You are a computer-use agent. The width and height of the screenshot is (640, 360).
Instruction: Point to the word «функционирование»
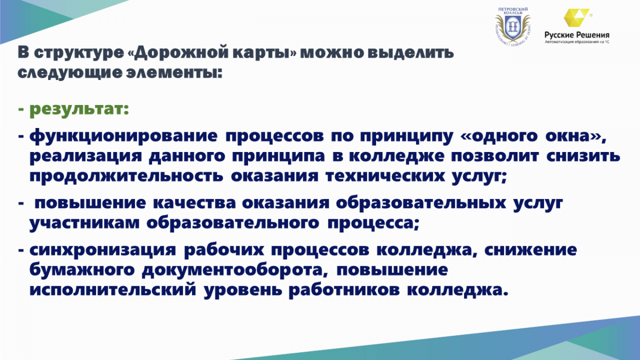tap(123, 137)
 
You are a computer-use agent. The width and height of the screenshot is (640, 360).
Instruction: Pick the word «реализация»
tap(86, 157)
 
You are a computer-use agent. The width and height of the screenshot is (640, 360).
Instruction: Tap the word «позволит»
tap(495, 156)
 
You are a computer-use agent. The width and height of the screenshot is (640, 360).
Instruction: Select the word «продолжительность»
tap(126, 177)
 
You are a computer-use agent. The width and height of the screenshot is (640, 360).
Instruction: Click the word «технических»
tap(385, 177)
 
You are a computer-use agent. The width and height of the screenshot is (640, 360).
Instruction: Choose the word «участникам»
tap(85, 223)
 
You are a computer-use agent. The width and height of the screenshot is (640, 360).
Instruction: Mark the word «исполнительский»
tap(113, 290)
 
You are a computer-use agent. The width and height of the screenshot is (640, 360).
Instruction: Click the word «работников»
tap(344, 290)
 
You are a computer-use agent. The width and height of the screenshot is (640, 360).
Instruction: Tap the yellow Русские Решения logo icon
tap(576, 18)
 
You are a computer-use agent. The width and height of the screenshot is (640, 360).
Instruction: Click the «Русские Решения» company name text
tap(577, 35)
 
